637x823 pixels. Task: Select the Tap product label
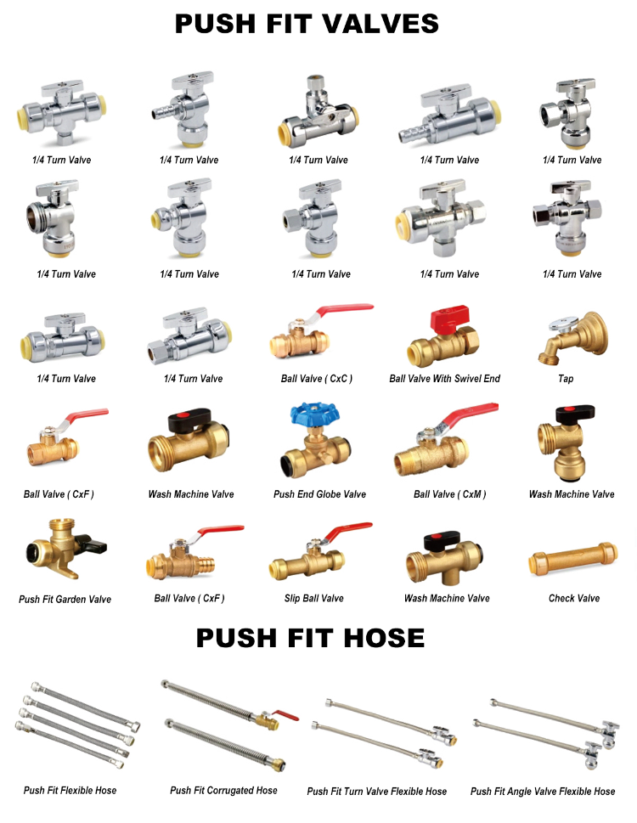pos(566,379)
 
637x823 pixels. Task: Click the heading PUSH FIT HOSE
pos(310,638)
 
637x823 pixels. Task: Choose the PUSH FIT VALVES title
pos(307,24)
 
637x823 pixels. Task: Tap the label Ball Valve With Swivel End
pos(444,379)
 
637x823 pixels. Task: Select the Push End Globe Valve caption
pos(319,494)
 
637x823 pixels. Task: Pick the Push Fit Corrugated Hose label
pos(223,791)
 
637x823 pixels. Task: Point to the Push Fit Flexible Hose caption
pos(70,791)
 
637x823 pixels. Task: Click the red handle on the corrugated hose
pos(287,716)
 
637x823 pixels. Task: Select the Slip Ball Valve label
pos(313,599)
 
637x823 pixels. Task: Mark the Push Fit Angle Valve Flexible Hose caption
pos(543,792)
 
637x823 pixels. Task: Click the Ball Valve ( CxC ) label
pos(316,379)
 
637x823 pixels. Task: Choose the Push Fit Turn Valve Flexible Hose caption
pos(376,792)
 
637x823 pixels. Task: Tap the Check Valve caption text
pos(574,599)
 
